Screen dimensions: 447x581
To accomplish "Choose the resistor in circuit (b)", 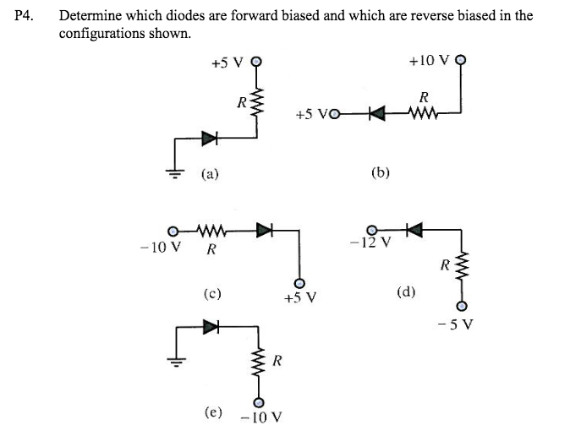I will pos(422,112).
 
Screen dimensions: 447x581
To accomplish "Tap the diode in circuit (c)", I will pos(264,229).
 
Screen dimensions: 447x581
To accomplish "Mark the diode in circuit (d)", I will pos(414,229).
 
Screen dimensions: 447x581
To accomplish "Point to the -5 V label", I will pos(461,323).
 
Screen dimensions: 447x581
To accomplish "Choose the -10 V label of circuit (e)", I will pos(261,417).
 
